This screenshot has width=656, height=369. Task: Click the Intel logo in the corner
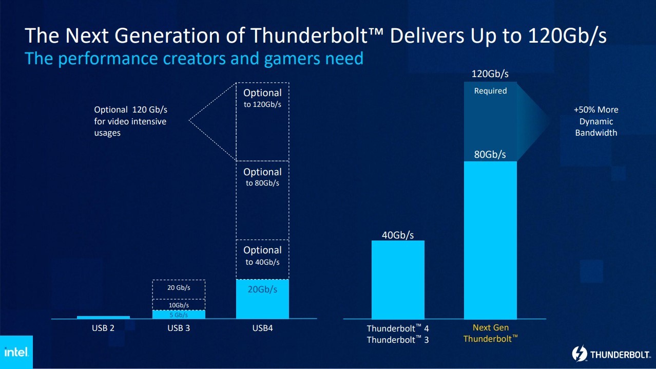point(16,353)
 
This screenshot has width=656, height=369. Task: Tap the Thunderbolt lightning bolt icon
point(579,354)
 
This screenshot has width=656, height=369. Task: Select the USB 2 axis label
point(103,328)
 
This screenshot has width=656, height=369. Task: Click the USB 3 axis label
point(179,328)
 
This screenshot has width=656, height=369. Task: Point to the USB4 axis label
point(262,328)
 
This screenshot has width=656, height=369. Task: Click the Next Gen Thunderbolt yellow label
point(490,333)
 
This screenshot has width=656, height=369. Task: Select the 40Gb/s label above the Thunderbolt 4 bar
point(398,235)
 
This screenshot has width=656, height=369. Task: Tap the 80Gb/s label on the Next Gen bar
point(490,154)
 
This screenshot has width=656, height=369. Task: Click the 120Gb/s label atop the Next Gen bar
point(490,74)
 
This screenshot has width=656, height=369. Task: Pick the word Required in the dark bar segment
point(490,91)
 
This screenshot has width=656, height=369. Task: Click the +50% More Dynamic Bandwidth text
point(595,121)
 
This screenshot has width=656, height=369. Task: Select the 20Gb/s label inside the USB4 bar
point(262,289)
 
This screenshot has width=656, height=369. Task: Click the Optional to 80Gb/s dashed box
point(262,200)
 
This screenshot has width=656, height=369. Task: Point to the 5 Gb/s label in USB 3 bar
point(179,315)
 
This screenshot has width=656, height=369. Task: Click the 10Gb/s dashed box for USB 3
point(179,305)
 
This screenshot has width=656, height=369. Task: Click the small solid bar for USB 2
point(103,317)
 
